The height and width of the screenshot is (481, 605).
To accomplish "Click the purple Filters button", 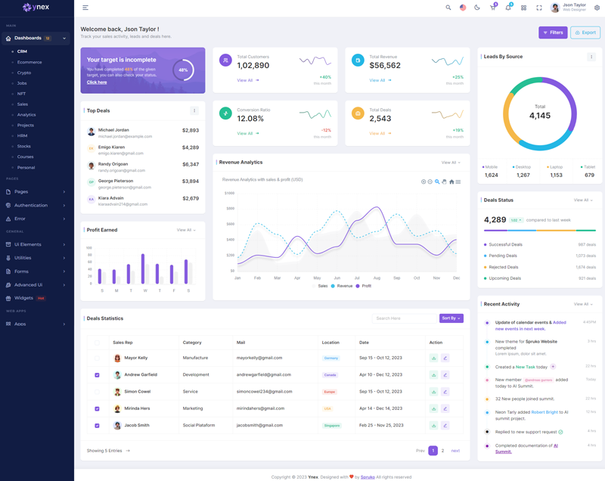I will tap(553, 33).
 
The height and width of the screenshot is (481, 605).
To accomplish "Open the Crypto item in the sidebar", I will tap(24, 73).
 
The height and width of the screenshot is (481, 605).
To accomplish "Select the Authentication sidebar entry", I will tap(30, 205).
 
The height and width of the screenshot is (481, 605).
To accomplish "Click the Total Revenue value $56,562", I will tap(385, 66).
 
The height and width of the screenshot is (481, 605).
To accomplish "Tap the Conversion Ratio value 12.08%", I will tap(250, 119).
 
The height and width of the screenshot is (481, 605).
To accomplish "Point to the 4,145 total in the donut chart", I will tap(540, 116).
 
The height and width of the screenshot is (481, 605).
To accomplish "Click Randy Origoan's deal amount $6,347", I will tap(191, 164).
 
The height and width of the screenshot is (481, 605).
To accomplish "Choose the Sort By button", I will tap(451, 318).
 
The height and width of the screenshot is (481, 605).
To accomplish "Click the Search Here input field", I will tap(404, 318).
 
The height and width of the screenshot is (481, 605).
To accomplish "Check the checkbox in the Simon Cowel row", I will tap(97, 392).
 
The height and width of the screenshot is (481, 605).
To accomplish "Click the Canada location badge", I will tap(330, 375).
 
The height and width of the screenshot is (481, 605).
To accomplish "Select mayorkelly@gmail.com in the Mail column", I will tap(259, 358).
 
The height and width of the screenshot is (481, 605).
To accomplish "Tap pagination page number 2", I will tap(443, 451).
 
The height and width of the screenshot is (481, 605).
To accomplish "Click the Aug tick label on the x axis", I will tap(377, 278).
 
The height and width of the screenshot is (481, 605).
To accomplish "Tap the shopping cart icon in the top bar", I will tap(492, 8).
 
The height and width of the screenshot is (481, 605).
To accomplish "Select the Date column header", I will tap(364, 343).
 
